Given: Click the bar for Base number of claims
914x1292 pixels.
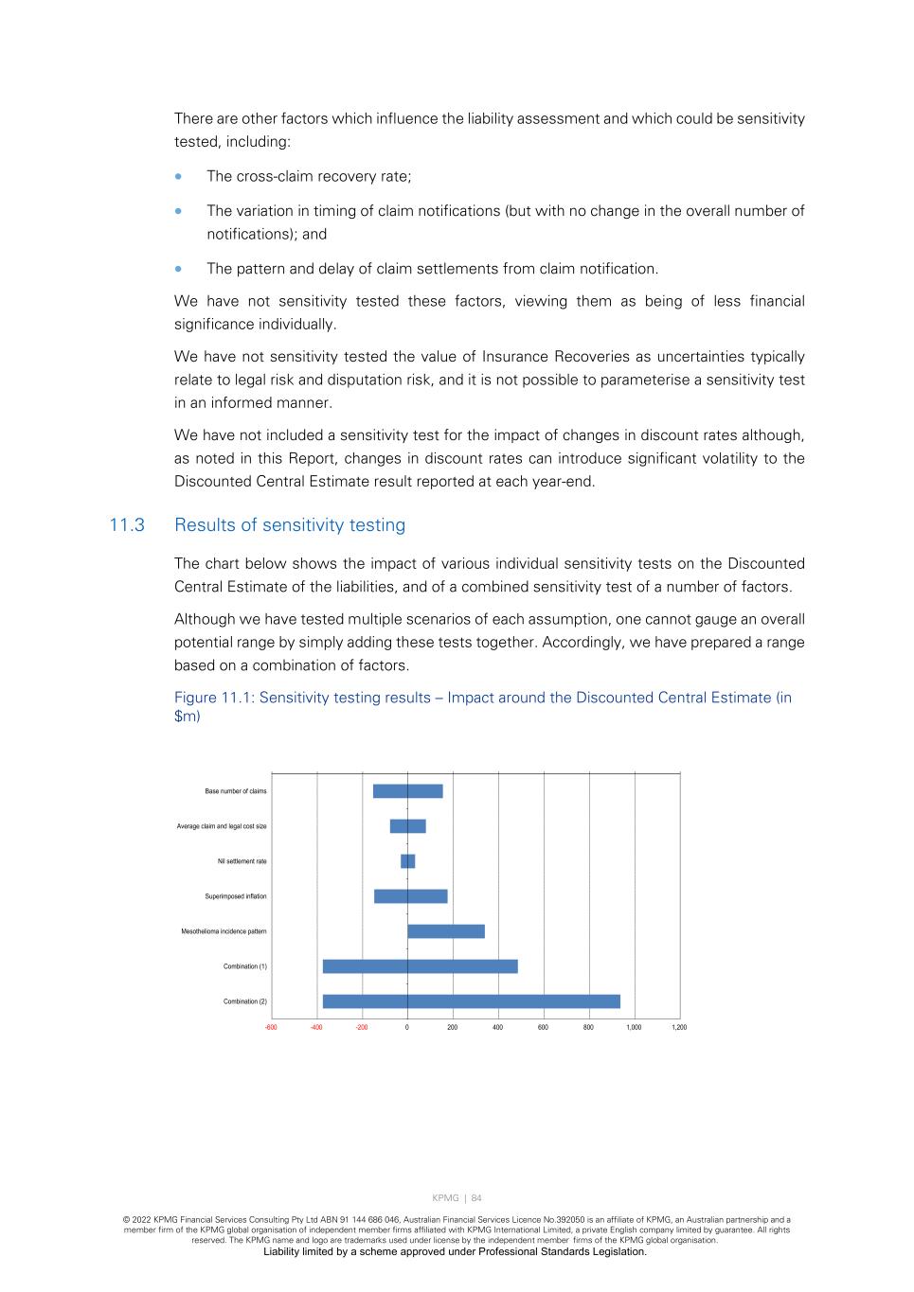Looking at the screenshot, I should click(407, 791).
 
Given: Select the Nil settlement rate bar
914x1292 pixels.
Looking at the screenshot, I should click(407, 861).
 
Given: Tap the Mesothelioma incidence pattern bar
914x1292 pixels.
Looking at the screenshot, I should click(445, 931).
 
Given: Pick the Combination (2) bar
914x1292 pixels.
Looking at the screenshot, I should click(471, 1001).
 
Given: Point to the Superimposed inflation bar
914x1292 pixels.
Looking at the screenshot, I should click(410, 896).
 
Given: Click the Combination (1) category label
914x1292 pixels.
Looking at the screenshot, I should click(244, 966).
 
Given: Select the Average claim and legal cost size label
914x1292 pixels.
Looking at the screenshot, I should click(221, 826).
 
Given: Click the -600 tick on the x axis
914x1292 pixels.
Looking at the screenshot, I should click(271, 1027).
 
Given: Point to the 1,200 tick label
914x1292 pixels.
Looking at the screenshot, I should click(679, 1027).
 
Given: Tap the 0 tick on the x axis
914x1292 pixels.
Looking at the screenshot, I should click(407, 1027).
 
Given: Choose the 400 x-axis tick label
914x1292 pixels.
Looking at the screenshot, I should click(497, 1027).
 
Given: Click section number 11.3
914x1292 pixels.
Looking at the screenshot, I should click(127, 525).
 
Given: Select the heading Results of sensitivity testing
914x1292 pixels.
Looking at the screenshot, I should click(289, 525).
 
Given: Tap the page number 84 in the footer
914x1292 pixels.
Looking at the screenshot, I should click(476, 1198).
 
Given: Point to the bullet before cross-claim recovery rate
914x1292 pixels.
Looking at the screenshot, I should click(179, 177).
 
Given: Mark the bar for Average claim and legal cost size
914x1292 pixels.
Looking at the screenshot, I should click(407, 826).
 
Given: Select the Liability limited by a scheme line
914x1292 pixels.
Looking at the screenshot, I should click(455, 1251).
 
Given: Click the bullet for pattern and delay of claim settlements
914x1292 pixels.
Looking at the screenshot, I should click(179, 269).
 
